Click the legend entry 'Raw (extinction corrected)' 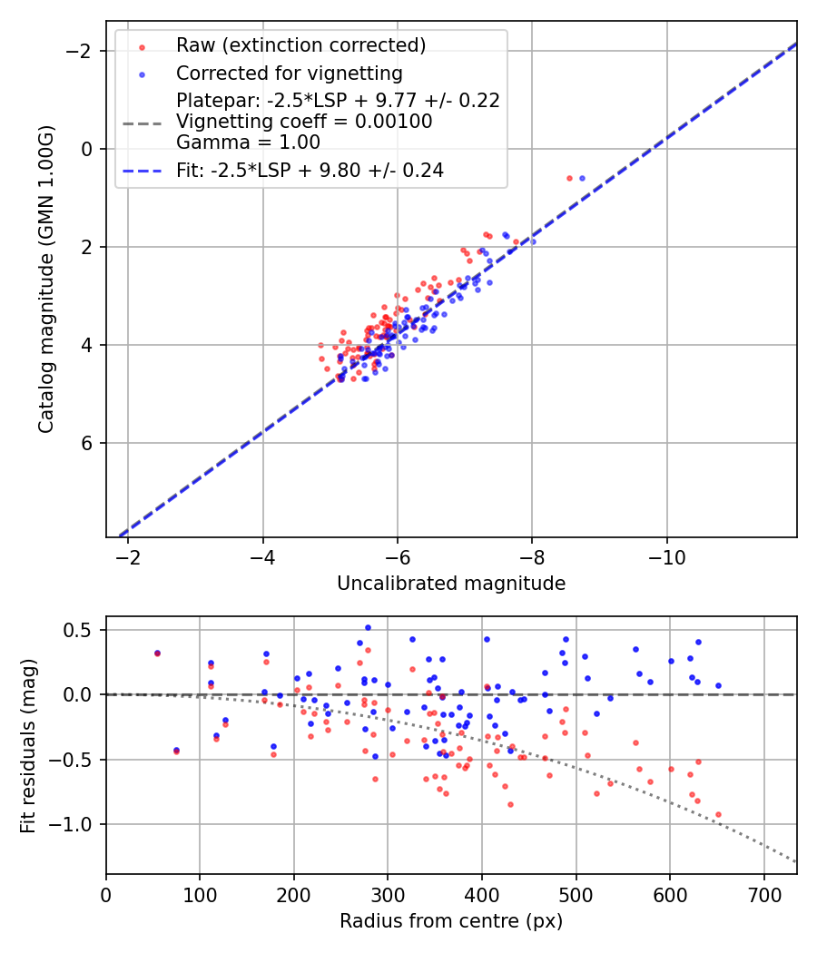(300, 45)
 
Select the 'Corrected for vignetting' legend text (289, 73)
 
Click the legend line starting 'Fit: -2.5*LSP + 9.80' (310, 170)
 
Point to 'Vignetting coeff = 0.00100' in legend (304, 121)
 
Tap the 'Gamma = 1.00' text (248, 142)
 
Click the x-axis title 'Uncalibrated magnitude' (451, 584)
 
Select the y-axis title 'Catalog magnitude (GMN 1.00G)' (46, 280)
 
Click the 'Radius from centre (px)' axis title (451, 921)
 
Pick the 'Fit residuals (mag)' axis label (28, 745)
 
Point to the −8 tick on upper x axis (532, 555)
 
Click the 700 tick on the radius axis (763, 893)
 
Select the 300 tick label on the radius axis (388, 893)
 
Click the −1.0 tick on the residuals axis (77, 824)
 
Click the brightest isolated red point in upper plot (569, 178)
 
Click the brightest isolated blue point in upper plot (582, 178)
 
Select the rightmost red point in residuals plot (718, 815)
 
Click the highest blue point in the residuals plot (368, 627)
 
